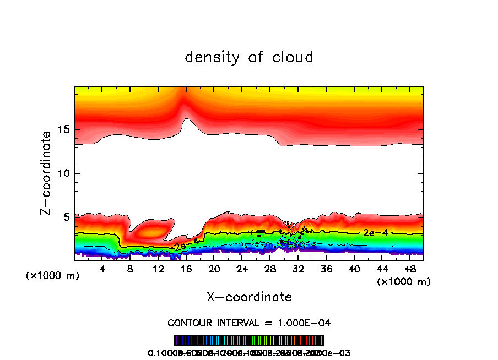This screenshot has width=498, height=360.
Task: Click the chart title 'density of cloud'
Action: [249, 57]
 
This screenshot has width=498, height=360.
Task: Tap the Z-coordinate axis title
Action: [47, 172]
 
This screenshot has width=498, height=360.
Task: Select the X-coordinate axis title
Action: [249, 297]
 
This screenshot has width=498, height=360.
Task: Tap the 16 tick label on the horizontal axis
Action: [186, 269]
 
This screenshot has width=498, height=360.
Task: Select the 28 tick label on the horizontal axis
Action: [270, 269]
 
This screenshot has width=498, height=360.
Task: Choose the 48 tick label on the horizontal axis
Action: [409, 269]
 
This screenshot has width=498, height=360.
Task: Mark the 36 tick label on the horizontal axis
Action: [326, 269]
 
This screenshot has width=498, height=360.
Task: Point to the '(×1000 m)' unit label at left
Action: [53, 276]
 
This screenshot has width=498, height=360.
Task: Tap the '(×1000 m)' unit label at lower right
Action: [404, 282]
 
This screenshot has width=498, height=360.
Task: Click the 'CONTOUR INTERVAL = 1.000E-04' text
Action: [249, 323]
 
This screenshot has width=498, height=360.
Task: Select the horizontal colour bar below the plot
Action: [249, 340]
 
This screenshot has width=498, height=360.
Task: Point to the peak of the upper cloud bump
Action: [186, 118]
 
